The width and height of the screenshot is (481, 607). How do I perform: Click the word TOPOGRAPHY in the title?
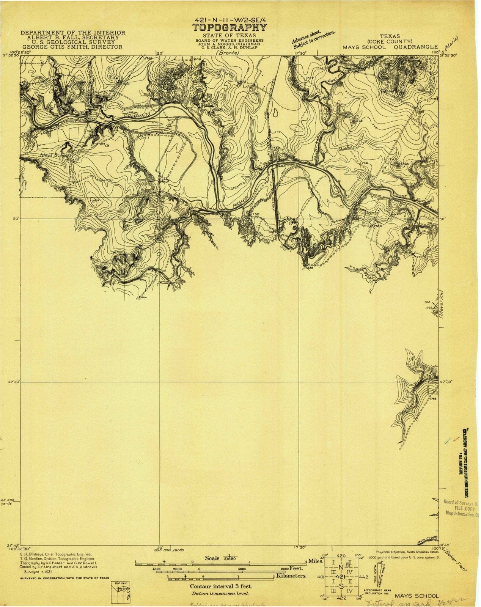(x=229, y=28)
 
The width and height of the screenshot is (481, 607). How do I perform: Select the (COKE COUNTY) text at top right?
(x=390, y=42)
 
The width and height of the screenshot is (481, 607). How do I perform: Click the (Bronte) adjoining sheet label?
(x=228, y=53)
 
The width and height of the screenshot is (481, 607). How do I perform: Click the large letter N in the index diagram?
(x=341, y=567)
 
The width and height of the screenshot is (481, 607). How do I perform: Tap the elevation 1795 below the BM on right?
(x=429, y=307)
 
